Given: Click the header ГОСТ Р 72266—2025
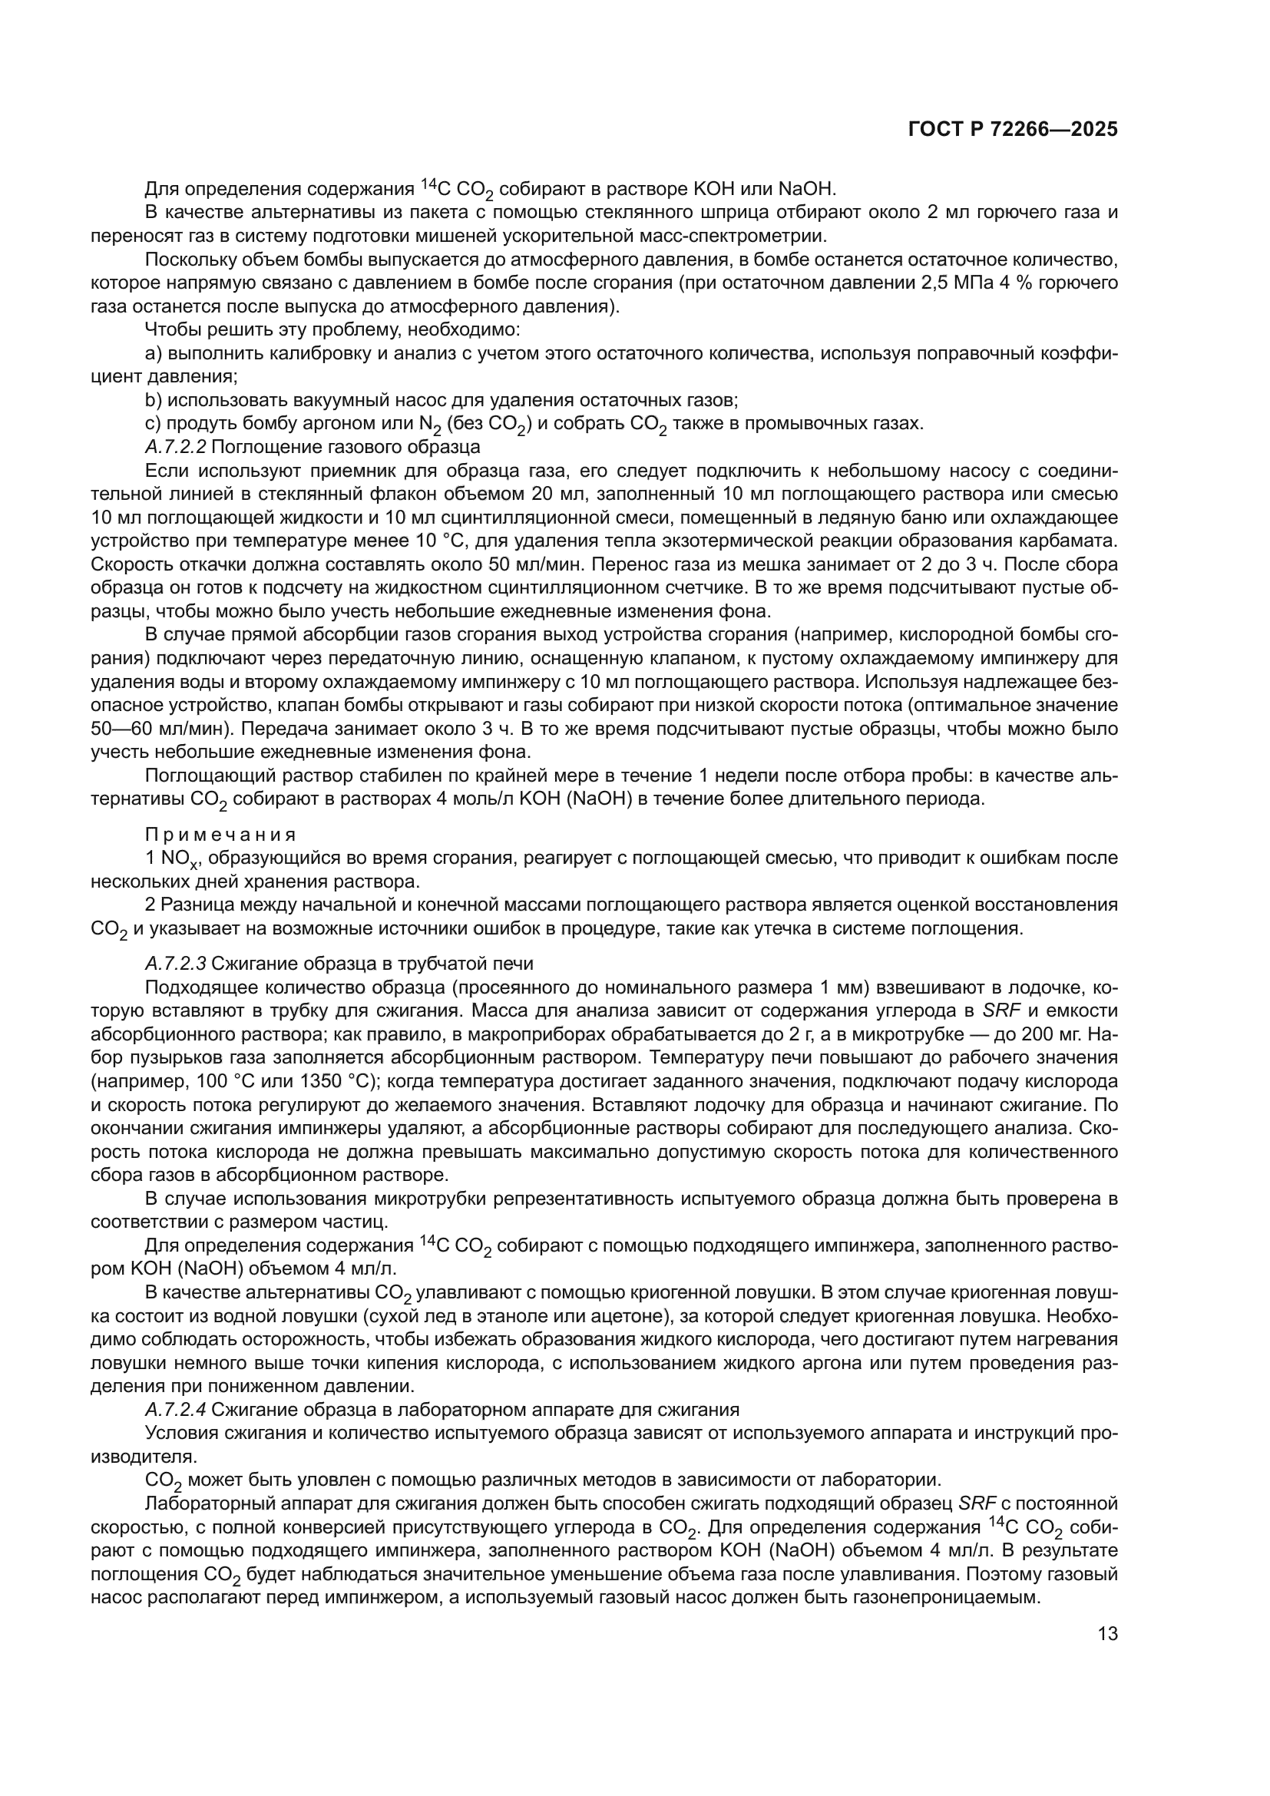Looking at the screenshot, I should coord(1013,130).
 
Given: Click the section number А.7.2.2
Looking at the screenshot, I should coord(175,448).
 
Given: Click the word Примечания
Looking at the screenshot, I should coord(220,834).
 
